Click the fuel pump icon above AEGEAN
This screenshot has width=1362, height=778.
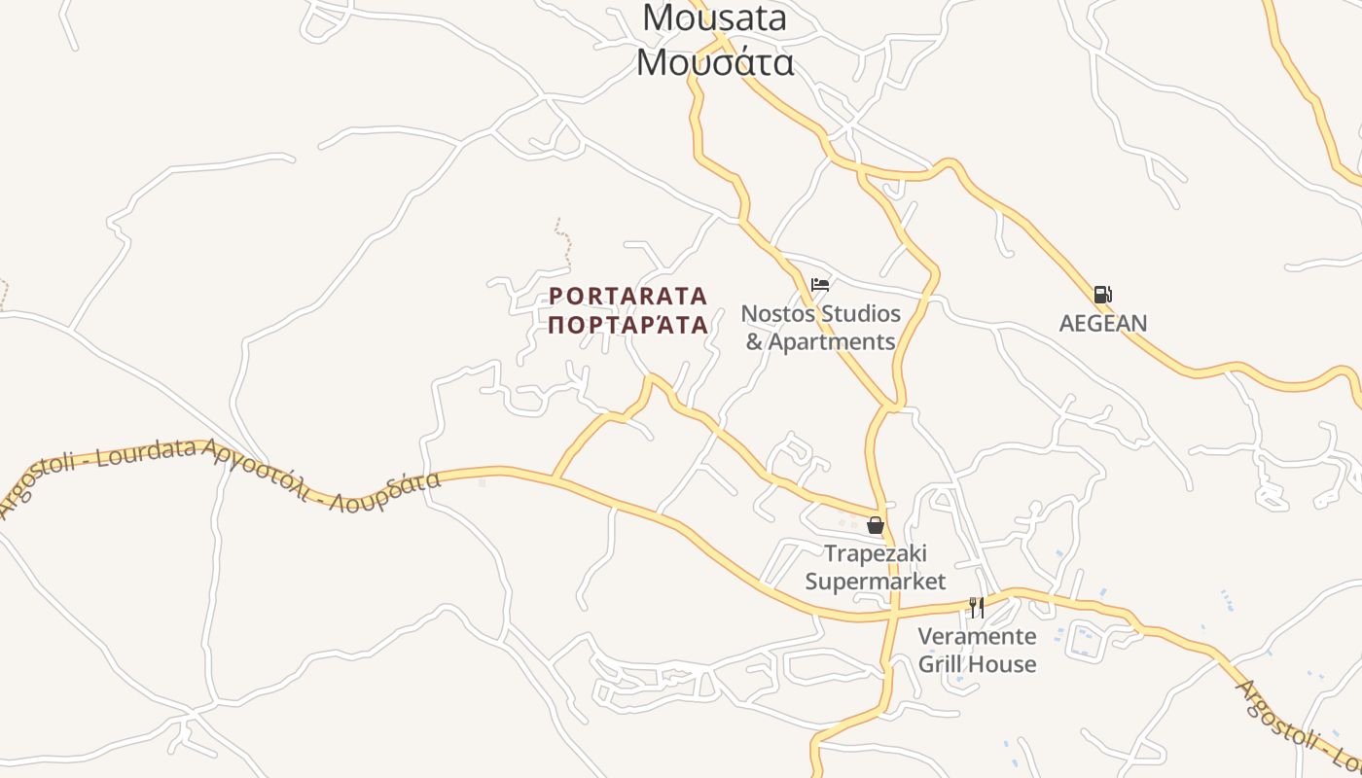coord(1102,294)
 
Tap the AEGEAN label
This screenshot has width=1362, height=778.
coord(1103,323)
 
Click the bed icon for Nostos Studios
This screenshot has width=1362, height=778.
coord(820,284)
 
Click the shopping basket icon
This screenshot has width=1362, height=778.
coord(876,525)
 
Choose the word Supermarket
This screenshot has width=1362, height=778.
coord(876,582)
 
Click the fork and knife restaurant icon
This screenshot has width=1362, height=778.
coord(977,608)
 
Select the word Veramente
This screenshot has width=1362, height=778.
coord(978,637)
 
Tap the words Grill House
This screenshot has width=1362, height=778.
coord(978,664)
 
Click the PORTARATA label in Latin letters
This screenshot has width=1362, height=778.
coord(628,296)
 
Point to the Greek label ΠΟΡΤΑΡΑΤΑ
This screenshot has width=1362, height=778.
coord(628,325)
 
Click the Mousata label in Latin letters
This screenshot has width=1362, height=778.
coord(714,18)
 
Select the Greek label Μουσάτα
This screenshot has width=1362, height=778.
coord(715,62)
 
